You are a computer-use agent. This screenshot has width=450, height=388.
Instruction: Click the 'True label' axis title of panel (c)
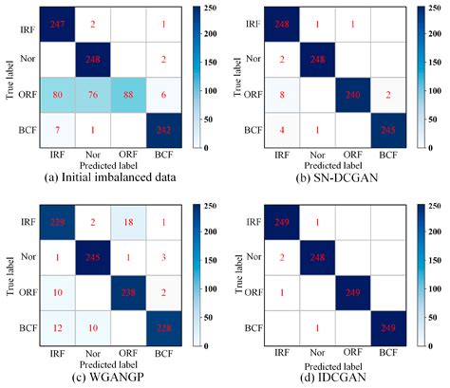(9, 275)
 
